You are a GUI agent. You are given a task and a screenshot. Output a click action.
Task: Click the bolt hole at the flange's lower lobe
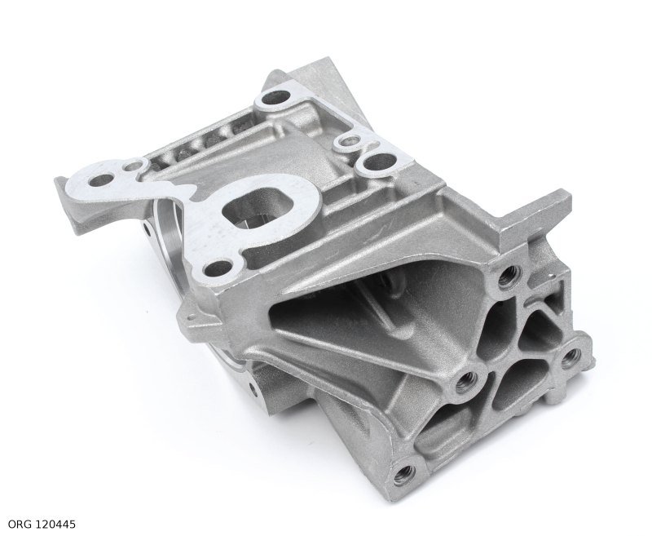click(218, 266)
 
